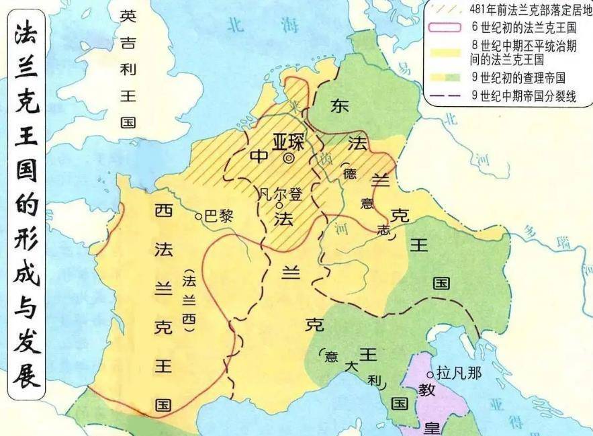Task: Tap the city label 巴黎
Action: point(218,216)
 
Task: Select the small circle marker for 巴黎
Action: point(199,216)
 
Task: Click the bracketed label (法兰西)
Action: point(190,300)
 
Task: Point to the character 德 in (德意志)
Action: point(350,172)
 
